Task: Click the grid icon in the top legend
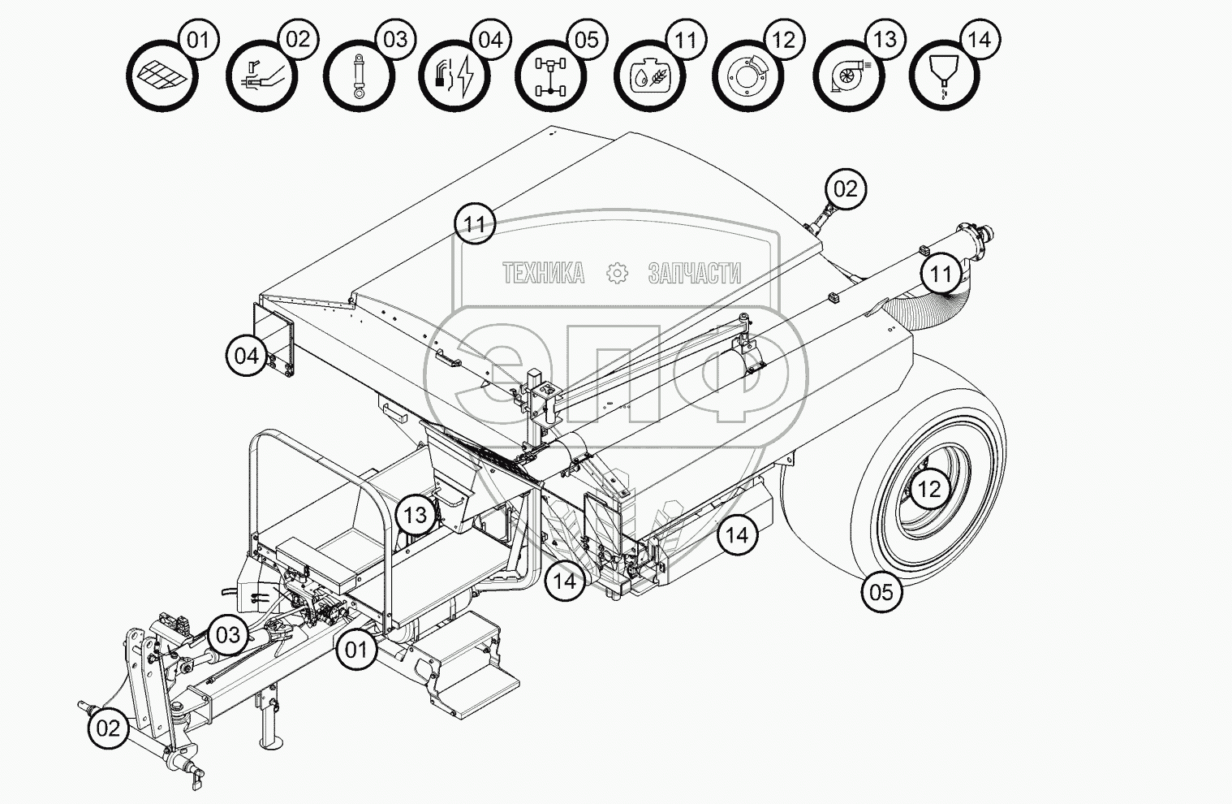pos(162,76)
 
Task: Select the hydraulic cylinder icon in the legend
pos(359,76)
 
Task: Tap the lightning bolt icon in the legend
pos(455,76)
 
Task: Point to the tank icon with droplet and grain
pos(649,76)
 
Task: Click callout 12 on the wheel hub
pos(929,489)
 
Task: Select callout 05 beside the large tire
pos(881,591)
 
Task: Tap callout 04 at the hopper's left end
pos(246,355)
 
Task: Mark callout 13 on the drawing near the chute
pos(416,514)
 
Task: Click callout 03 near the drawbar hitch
pos(228,633)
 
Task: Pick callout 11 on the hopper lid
pos(475,223)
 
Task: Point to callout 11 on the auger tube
pos(941,274)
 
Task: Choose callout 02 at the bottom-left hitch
pos(108,728)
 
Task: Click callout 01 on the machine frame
pos(356,649)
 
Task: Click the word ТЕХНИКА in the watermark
pos(543,274)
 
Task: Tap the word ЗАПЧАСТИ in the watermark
pos(694,274)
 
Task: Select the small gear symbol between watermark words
pos(618,274)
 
